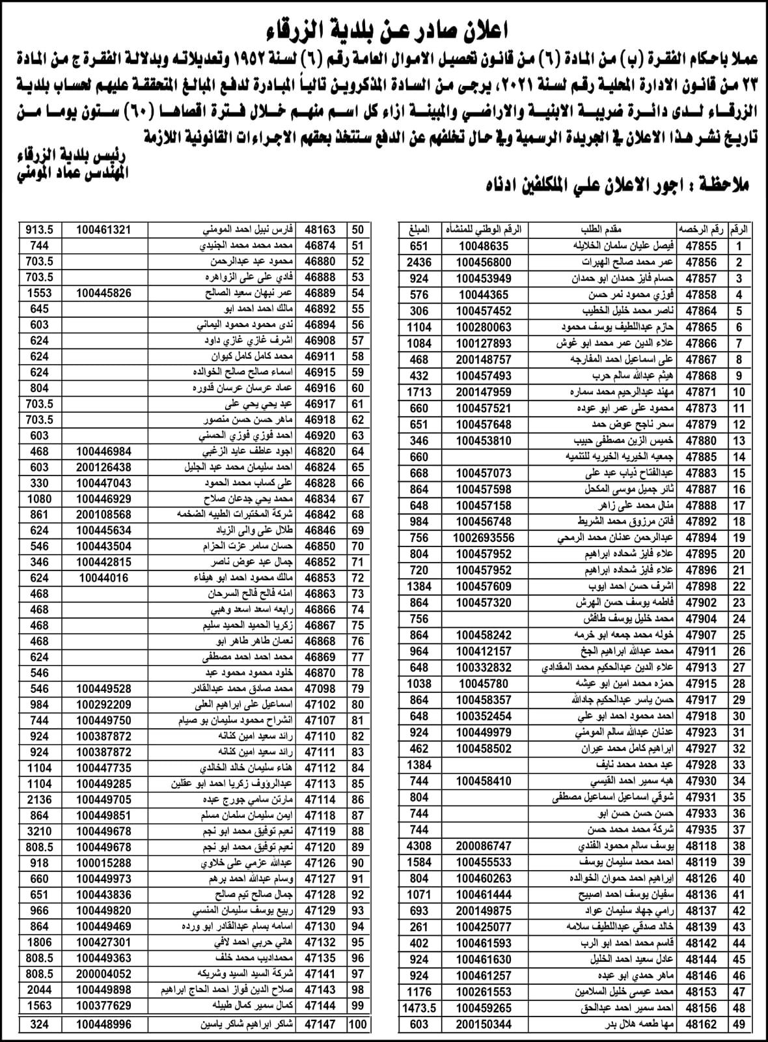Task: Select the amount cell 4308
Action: point(418,846)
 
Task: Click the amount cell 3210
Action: point(39,832)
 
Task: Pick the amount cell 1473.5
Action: point(418,1008)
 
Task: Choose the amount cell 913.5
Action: point(39,230)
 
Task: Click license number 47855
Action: point(701,246)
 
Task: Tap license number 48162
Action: point(701,1024)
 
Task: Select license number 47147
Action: point(320,1024)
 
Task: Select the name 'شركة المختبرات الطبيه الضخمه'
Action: point(240,514)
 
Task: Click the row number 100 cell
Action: point(358,1024)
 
